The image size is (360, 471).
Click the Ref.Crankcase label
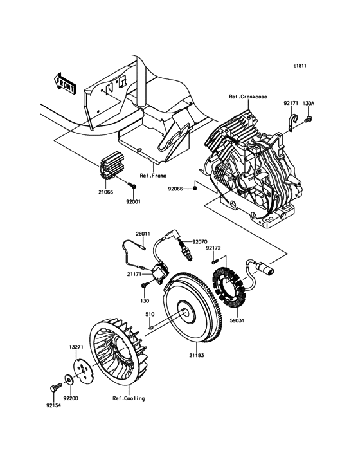[x=248, y=97]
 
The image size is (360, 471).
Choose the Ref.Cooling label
[x=129, y=398]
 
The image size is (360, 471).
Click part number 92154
[x=55, y=406]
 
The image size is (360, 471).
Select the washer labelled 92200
[x=68, y=379]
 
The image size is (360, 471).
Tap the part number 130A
[x=309, y=103]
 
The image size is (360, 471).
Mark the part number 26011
[x=142, y=234]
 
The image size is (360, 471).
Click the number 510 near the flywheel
[x=149, y=315]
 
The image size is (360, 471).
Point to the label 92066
[x=175, y=189]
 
